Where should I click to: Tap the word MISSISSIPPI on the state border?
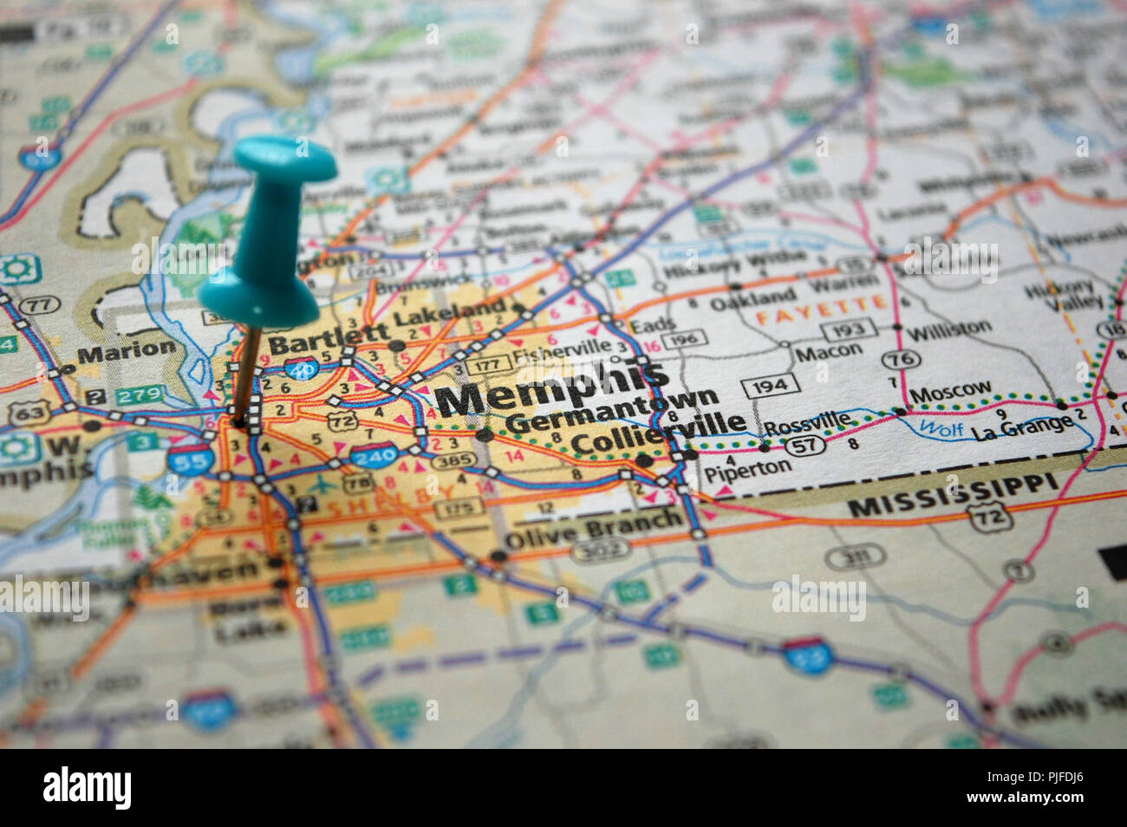(x=954, y=497)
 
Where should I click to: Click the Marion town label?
(x=126, y=351)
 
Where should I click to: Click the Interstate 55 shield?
(x=188, y=459)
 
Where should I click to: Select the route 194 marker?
(x=770, y=386)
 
